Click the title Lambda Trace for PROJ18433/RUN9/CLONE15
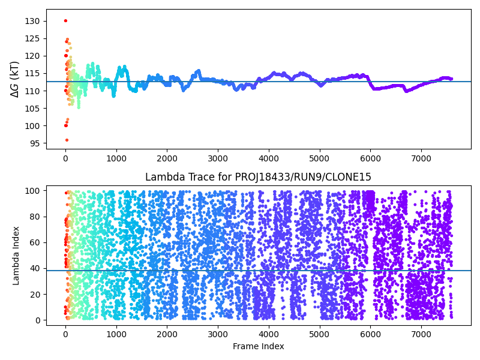258,177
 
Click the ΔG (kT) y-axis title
15,79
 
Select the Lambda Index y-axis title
16,255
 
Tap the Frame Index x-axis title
258,346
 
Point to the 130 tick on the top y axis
32,21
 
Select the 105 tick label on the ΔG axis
32,109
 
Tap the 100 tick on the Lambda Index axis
32,191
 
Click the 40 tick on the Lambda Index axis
34,268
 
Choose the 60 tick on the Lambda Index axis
34,242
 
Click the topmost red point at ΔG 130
65,20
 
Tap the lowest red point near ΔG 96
67,140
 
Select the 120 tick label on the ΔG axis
32,56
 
